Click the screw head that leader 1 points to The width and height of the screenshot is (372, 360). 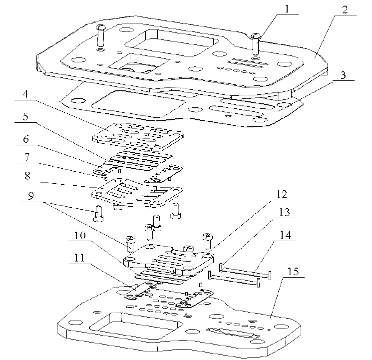pos(256,36)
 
